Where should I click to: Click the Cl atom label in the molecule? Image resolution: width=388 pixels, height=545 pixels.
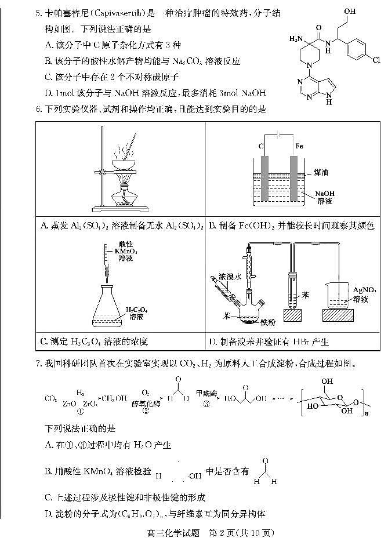(376, 60)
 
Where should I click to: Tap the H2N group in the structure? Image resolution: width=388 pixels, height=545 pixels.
(295, 39)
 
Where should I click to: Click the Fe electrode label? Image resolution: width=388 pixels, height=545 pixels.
(300, 146)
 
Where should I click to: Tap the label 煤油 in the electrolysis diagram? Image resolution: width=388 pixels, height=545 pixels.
(321, 172)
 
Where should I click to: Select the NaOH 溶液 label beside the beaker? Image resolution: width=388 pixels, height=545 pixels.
(325, 197)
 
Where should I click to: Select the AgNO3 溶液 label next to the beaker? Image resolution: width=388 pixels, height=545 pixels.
(364, 293)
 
